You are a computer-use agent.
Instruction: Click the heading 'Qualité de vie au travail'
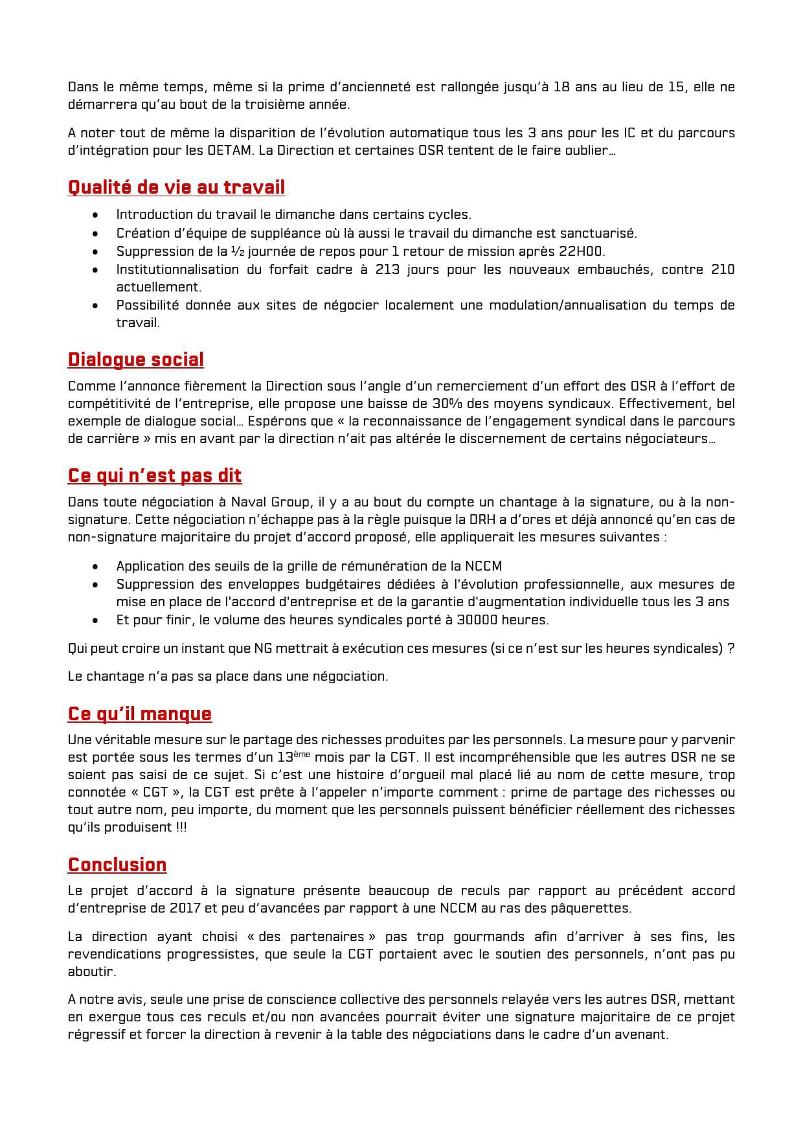(x=176, y=187)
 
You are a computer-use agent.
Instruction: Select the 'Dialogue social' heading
(x=135, y=359)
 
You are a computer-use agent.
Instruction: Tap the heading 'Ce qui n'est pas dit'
(x=154, y=475)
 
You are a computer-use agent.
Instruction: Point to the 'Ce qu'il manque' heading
(x=139, y=713)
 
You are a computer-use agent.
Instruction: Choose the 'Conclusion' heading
(x=117, y=865)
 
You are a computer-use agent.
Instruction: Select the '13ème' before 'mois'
(x=293, y=757)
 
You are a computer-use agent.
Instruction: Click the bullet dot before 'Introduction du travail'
(x=96, y=215)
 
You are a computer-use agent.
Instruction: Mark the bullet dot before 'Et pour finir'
(x=96, y=620)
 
